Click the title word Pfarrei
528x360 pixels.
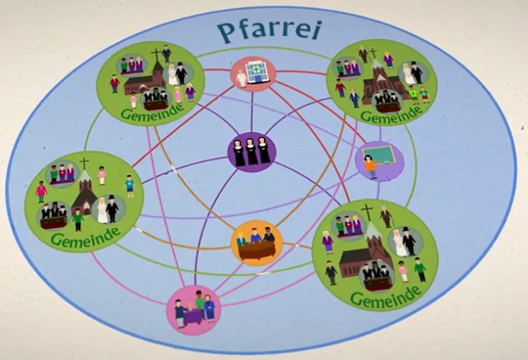[x=269, y=31]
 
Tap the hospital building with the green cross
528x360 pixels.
[x=258, y=72]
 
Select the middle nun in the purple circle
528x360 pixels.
[x=251, y=151]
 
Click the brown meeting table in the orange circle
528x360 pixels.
[x=257, y=250]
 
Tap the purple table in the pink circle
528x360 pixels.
[x=192, y=317]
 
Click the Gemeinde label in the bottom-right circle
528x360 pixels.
[x=386, y=296]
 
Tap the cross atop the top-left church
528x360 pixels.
[x=156, y=54]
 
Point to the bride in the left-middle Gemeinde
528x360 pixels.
[x=102, y=211]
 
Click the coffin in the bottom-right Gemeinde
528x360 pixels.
[x=378, y=283]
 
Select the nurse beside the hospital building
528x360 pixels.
[x=241, y=78]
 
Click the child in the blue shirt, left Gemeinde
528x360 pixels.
[x=130, y=186]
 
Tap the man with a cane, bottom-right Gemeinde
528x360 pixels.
[x=386, y=216]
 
